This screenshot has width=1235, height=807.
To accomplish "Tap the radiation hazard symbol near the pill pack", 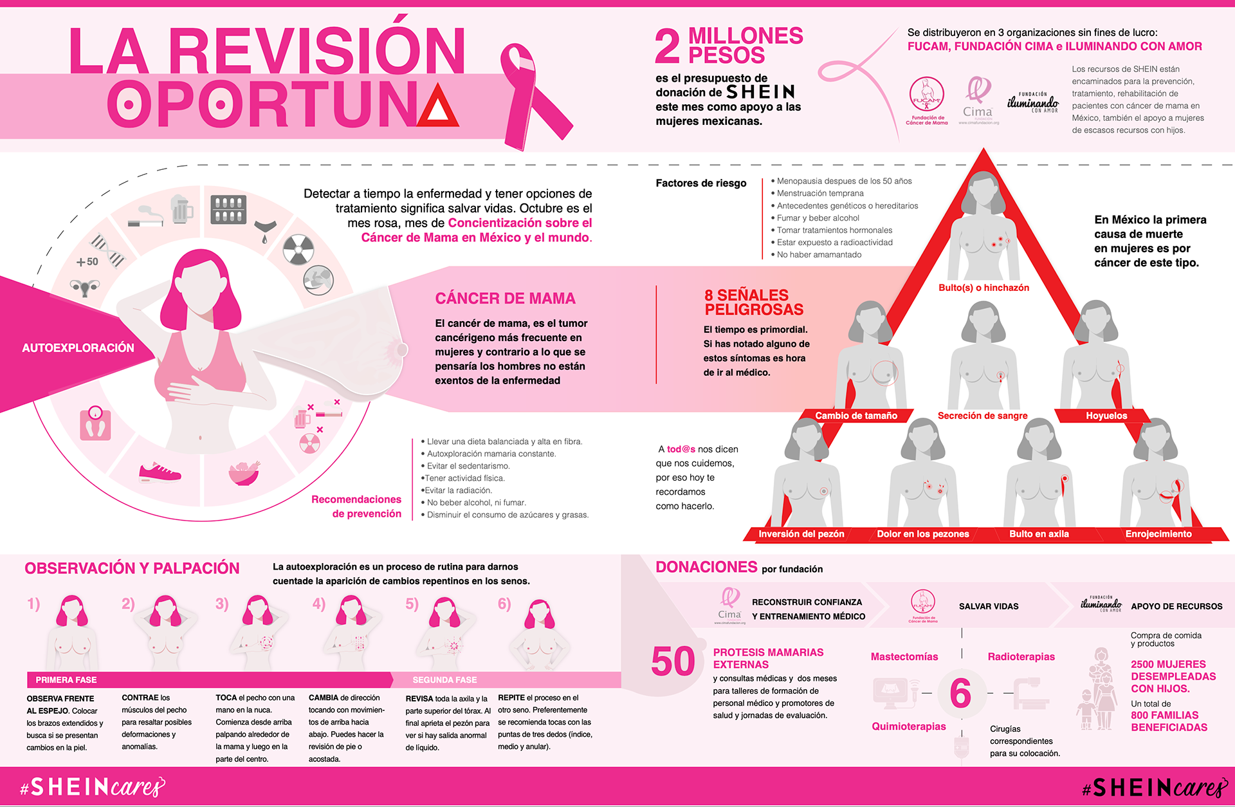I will [298, 249].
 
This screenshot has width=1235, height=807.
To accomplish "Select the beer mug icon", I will [182, 209].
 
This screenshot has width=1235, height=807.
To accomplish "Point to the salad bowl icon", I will [244, 474].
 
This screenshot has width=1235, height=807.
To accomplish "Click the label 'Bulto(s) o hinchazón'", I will [983, 288].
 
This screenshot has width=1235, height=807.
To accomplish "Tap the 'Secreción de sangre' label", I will [982, 416].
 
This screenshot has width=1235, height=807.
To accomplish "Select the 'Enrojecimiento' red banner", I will [1158, 533].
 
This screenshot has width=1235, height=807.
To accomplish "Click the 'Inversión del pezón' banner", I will [801, 533].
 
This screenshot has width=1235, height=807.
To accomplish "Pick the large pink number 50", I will [673, 662].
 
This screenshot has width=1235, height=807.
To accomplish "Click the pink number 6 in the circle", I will [960, 693].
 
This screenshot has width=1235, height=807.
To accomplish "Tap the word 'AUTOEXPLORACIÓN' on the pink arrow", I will [78, 348].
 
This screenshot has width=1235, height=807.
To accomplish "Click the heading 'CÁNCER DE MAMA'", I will [505, 299].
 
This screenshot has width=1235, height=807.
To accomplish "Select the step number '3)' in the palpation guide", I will [222, 604].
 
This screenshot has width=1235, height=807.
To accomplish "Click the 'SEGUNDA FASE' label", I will [444, 680].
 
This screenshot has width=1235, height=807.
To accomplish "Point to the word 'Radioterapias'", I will [1021, 656].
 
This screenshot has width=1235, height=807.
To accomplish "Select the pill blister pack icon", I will [228, 209].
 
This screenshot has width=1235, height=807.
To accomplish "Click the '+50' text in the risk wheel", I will [87, 262].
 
